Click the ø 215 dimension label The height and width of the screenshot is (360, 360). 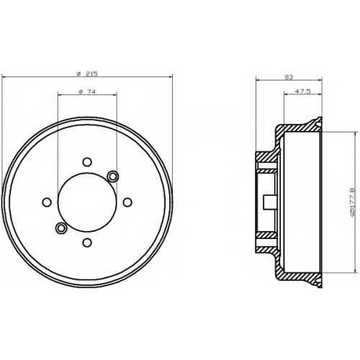[87, 73]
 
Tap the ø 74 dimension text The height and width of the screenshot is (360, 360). [87, 91]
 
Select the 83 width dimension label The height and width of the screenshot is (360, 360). [289, 77]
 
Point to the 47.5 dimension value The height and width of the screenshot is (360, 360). [303, 91]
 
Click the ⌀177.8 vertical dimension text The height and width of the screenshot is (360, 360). [351, 202]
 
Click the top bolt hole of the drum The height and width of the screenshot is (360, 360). [87, 162]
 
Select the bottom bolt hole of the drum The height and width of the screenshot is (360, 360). [87, 243]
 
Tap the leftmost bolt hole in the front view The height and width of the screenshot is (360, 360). [47, 202]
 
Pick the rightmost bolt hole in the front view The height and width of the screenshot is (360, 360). [127, 202]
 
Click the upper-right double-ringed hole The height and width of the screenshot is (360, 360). [112, 176]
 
